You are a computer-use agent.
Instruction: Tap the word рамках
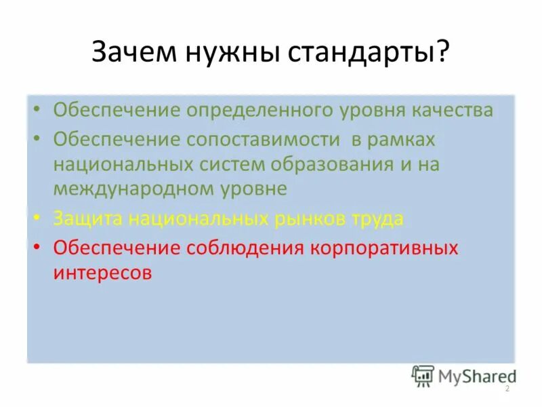coord(402,140)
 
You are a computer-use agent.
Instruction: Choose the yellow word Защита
coord(90,218)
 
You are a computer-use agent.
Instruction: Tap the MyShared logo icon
coord(423,375)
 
